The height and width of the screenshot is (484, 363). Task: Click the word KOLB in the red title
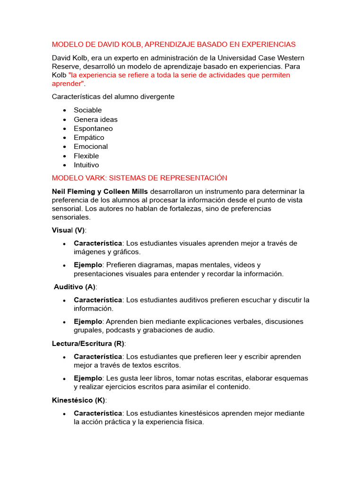[130, 44]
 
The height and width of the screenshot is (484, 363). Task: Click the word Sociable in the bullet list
[87, 110]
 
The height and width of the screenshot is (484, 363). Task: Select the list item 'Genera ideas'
[95, 120]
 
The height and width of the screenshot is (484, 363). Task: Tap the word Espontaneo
[93, 129]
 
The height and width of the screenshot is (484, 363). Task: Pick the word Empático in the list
[89, 138]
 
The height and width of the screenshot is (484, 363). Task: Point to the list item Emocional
[91, 147]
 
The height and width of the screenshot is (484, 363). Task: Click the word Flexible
[86, 156]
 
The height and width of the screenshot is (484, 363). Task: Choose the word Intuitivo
[86, 165]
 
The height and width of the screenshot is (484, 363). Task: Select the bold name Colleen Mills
[128, 191]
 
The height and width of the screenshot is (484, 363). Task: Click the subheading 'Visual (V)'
[69, 230]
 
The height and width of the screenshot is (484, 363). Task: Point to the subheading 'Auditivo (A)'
[75, 287]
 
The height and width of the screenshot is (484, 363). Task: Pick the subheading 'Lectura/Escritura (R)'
[88, 344]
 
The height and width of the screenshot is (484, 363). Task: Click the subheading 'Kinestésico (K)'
[79, 400]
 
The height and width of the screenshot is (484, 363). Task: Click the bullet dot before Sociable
[64, 111]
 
